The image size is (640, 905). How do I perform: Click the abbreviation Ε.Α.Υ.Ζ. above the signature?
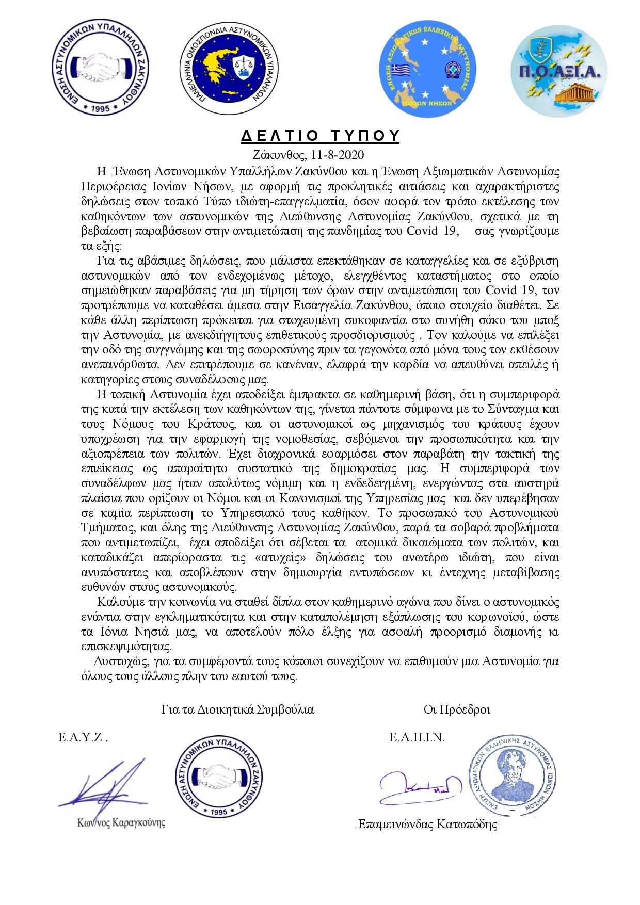click(83, 737)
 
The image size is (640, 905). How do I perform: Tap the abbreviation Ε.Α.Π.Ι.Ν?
click(417, 737)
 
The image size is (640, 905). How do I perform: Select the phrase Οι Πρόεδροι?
click(456, 709)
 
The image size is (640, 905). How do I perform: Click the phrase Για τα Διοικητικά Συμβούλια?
click(237, 709)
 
